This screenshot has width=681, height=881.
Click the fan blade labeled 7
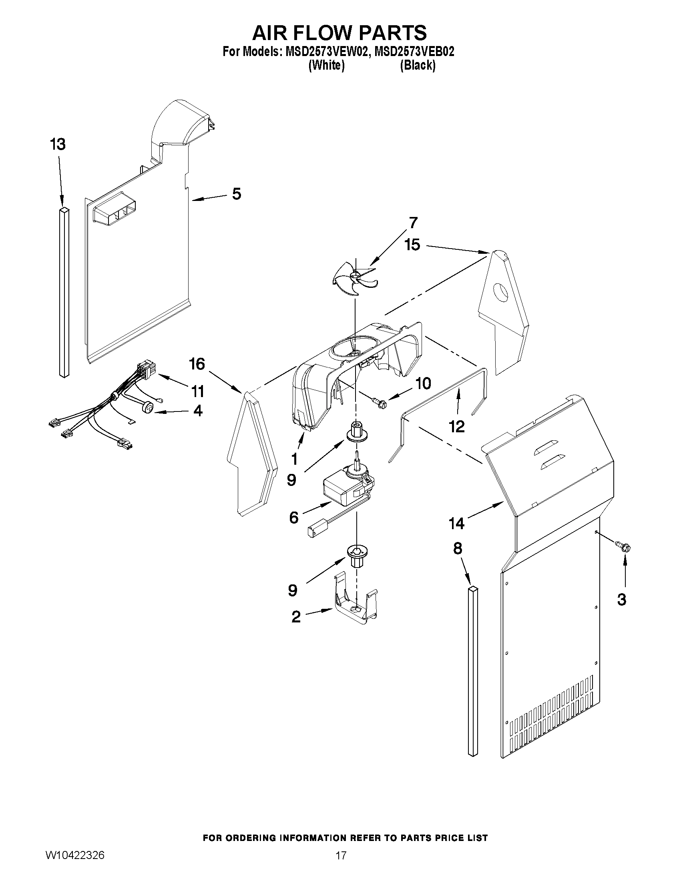(x=355, y=278)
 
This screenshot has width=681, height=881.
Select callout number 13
(x=58, y=144)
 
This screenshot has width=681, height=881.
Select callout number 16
(x=197, y=364)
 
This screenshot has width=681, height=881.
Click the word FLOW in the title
(x=339, y=33)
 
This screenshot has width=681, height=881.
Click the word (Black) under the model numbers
(x=418, y=65)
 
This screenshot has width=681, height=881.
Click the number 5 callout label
(x=237, y=194)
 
